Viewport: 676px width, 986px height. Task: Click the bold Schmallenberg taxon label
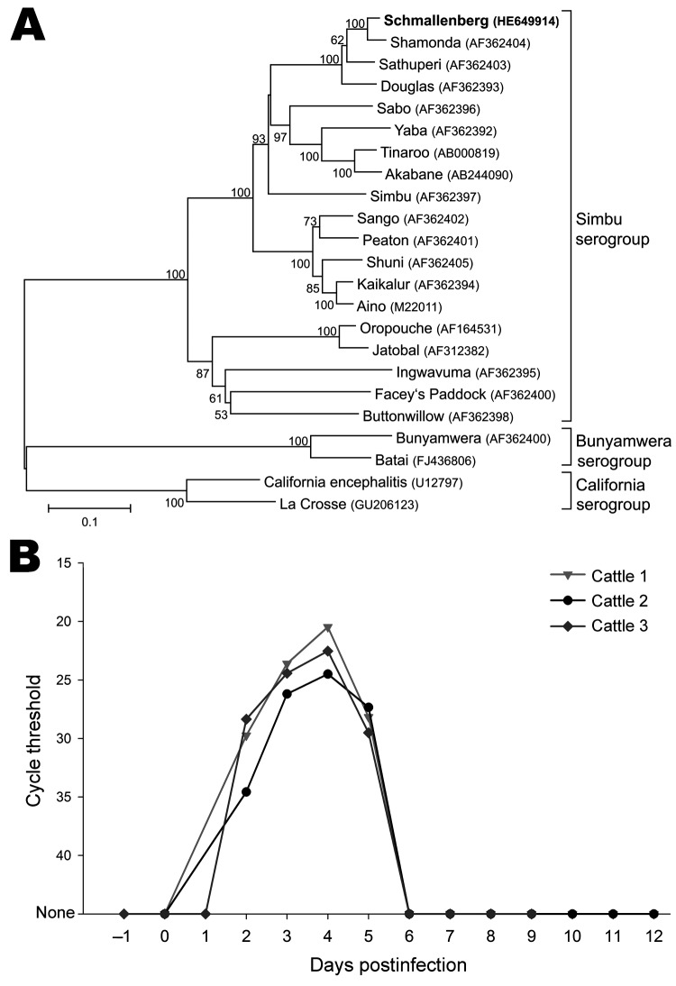coord(435,21)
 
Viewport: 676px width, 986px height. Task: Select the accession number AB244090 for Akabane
coord(480,175)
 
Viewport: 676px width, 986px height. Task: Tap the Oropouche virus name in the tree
coord(396,328)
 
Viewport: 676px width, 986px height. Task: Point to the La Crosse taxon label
coord(313,505)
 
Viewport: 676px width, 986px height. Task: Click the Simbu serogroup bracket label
coord(612,229)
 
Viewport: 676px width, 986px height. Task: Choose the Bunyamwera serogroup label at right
coord(623,451)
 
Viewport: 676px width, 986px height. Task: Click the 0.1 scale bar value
coord(89,522)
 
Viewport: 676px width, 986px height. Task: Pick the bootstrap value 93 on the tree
coord(259,138)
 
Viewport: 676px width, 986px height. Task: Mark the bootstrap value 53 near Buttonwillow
coord(221,415)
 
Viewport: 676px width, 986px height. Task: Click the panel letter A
coord(28,25)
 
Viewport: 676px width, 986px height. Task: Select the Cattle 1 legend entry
coord(598,575)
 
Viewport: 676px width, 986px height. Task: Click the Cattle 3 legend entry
coord(598,625)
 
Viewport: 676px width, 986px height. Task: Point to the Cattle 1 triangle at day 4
coord(327,627)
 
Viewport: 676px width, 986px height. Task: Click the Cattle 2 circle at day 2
coord(246,791)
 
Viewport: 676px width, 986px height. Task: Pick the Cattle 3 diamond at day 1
coord(205,914)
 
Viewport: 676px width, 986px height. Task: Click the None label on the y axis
coord(55,912)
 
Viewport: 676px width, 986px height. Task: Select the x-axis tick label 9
coord(532,936)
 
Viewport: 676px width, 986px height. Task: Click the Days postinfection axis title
coord(388,964)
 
